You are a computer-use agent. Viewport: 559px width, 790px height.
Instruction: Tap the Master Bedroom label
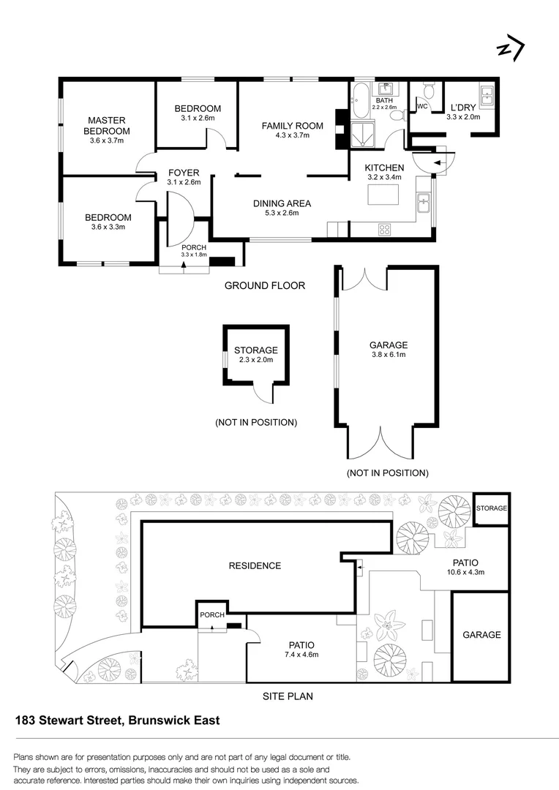coord(107,126)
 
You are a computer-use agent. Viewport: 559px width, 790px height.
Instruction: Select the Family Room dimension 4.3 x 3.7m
coord(293,135)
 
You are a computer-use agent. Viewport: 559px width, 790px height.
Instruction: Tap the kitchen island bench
coord(384,195)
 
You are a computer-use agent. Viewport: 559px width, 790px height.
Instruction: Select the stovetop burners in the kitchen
coord(385,229)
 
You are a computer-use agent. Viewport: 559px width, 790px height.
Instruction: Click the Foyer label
coord(184,173)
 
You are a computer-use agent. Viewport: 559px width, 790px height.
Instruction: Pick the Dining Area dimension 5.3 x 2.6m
coord(282,214)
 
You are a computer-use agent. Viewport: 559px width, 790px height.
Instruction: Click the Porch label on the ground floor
coord(194,247)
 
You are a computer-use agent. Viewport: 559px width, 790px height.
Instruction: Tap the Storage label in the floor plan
coord(255,350)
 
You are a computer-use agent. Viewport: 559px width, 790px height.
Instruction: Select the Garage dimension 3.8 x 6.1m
coord(389,355)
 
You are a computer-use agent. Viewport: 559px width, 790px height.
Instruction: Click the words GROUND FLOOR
coord(265,285)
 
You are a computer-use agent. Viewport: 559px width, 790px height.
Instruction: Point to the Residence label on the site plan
coord(254,565)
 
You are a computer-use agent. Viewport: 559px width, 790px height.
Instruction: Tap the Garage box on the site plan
coord(481,635)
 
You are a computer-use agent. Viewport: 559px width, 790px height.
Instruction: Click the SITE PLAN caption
coord(288,696)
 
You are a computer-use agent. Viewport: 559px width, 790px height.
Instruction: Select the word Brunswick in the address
coord(157,720)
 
